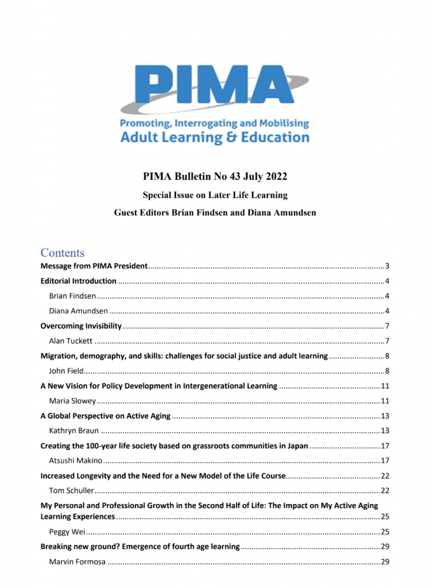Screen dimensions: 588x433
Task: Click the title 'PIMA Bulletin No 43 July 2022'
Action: pyautogui.click(x=215, y=176)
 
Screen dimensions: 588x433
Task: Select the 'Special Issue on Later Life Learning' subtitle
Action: pyautogui.click(x=215, y=195)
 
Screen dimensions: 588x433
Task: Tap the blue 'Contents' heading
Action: pyautogui.click(x=62, y=253)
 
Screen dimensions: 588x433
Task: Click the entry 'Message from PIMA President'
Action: pyautogui.click(x=94, y=266)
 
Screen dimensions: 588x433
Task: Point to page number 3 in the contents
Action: pyautogui.click(x=388, y=266)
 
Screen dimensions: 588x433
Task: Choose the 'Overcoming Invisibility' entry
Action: pyautogui.click(x=81, y=326)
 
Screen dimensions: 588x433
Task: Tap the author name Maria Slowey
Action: pyautogui.click(x=72, y=400)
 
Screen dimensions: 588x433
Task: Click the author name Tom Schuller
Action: pyautogui.click(x=72, y=490)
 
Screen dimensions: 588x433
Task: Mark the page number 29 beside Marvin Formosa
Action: pyautogui.click(x=385, y=562)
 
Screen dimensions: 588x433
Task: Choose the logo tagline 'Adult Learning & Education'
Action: pyautogui.click(x=215, y=138)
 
